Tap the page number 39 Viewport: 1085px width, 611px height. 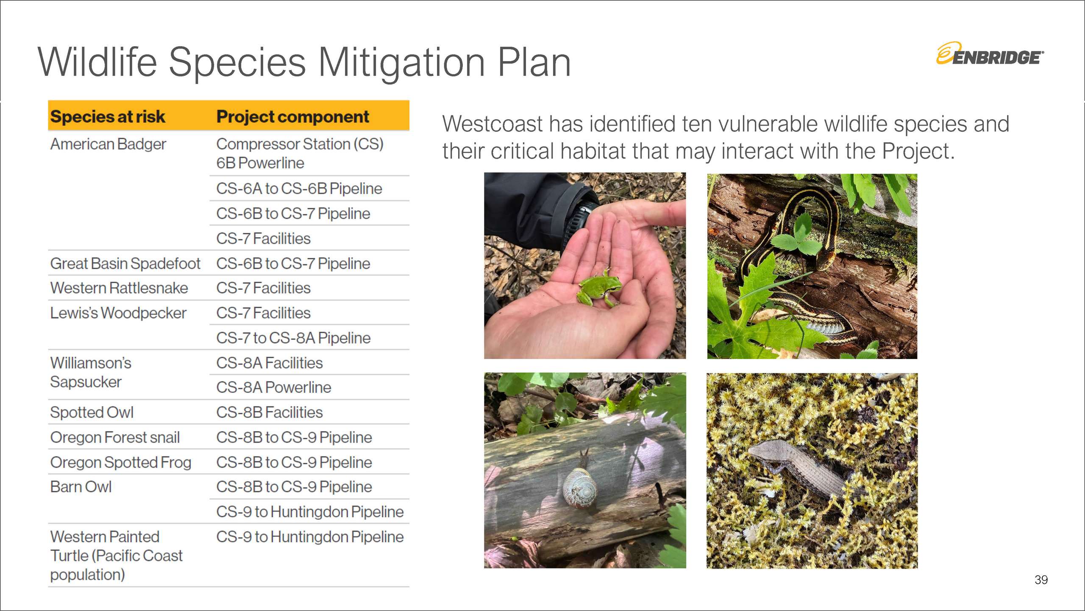(x=1041, y=580)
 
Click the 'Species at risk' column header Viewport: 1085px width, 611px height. (x=108, y=117)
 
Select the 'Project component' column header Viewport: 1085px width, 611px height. (x=293, y=117)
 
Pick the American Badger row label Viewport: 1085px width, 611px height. (x=108, y=144)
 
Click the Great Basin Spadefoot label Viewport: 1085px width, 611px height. (x=125, y=263)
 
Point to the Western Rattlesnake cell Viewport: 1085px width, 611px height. (x=119, y=288)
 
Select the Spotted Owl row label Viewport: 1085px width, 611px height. (x=92, y=412)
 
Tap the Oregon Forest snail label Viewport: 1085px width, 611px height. (x=115, y=437)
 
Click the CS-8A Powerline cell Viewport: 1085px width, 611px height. (x=274, y=387)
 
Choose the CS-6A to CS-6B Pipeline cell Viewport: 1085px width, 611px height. (x=299, y=189)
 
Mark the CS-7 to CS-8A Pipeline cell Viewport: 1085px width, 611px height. (x=293, y=338)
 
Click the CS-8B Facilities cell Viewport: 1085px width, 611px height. (x=270, y=412)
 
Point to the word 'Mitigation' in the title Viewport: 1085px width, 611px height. (x=402, y=63)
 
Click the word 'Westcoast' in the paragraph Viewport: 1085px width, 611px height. (x=492, y=124)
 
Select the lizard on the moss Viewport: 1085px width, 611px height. (x=801, y=471)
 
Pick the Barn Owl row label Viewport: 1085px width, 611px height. (x=81, y=487)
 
